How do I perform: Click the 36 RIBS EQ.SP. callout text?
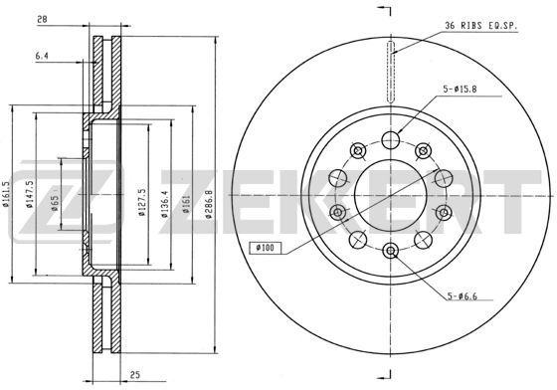[481, 26]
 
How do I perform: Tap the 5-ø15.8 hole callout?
[460, 90]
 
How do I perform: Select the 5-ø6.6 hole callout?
[463, 295]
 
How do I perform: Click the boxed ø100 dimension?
[266, 248]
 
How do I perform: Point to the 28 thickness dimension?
[42, 19]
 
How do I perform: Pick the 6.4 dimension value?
[42, 56]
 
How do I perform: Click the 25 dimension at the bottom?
[135, 375]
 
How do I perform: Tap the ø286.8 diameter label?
[209, 204]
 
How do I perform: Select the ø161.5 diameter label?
[5, 194]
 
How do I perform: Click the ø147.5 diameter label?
[30, 194]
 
